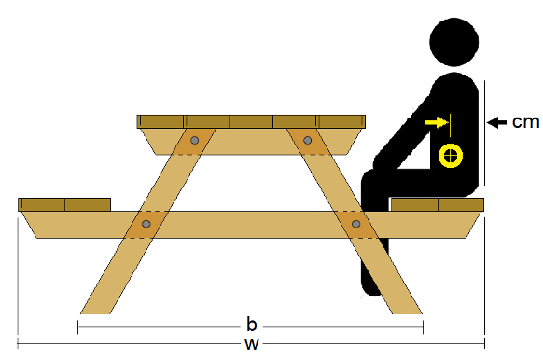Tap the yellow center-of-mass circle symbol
451,156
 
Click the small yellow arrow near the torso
435,122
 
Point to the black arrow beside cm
496,121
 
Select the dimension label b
251,325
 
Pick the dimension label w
251,344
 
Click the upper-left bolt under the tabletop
194,141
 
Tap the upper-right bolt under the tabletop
309,141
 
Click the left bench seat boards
64,204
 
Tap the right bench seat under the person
437,204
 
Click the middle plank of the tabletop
251,120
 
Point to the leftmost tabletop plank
160,120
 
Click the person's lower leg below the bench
371,266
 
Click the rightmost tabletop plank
341,120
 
